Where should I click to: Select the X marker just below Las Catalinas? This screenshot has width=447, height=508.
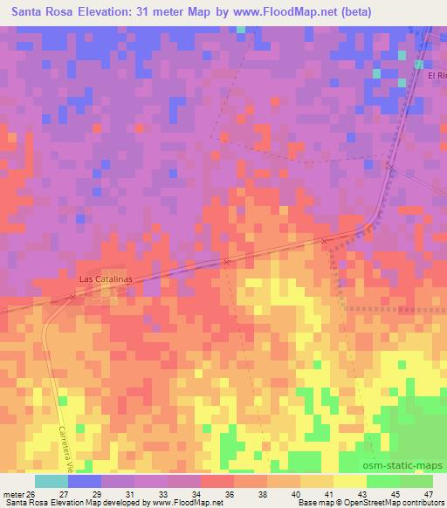tap(73, 297)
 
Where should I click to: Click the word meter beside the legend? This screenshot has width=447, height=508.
tap(14, 493)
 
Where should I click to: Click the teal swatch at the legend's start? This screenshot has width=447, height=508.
tap(52, 481)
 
